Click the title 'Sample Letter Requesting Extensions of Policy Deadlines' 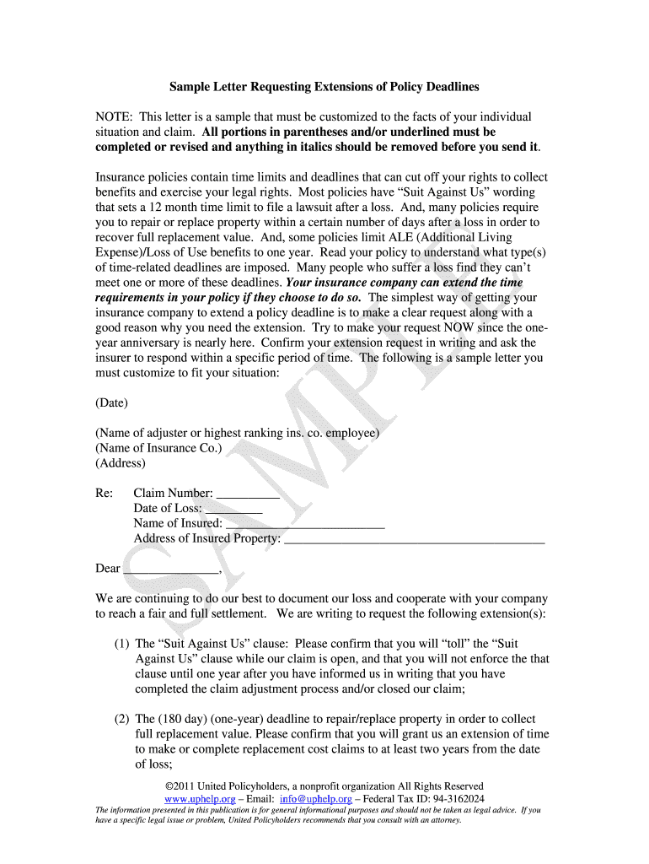pos(324,87)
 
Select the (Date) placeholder pos(112,402)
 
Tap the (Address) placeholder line pos(121,463)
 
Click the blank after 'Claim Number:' pos(248,494)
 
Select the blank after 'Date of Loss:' pos(233,510)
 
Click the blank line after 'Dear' pos(171,570)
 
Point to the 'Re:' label pos(105,494)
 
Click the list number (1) pos(122,644)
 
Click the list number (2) pos(122,720)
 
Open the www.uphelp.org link pos(199,798)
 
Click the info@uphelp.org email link pos(317,798)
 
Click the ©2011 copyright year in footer pos(180,786)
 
